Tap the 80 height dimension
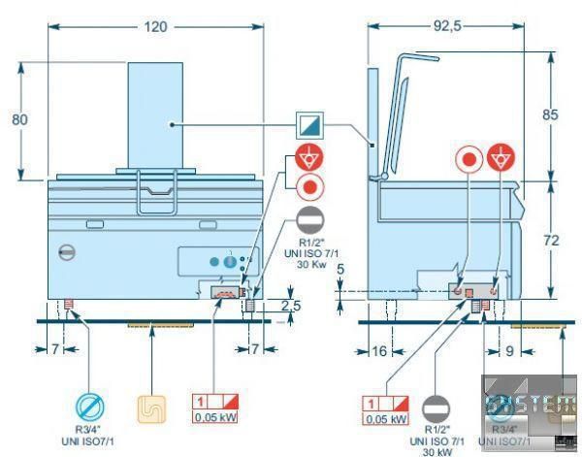click(18, 119)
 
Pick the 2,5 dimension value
click(277, 307)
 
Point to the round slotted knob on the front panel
click(66, 250)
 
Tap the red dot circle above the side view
click(469, 158)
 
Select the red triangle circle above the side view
click(500, 158)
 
